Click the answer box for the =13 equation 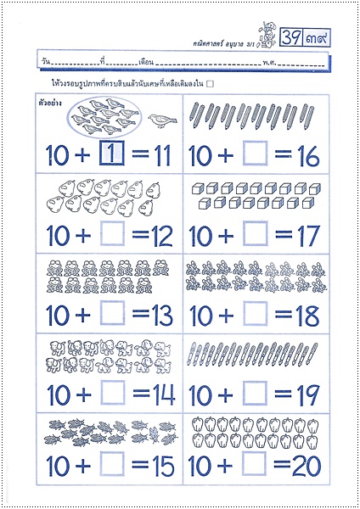[x=113, y=315]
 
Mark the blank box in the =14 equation [x=113, y=394]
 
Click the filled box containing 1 [x=113, y=155]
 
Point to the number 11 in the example [x=160, y=156]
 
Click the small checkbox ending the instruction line [x=210, y=83]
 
